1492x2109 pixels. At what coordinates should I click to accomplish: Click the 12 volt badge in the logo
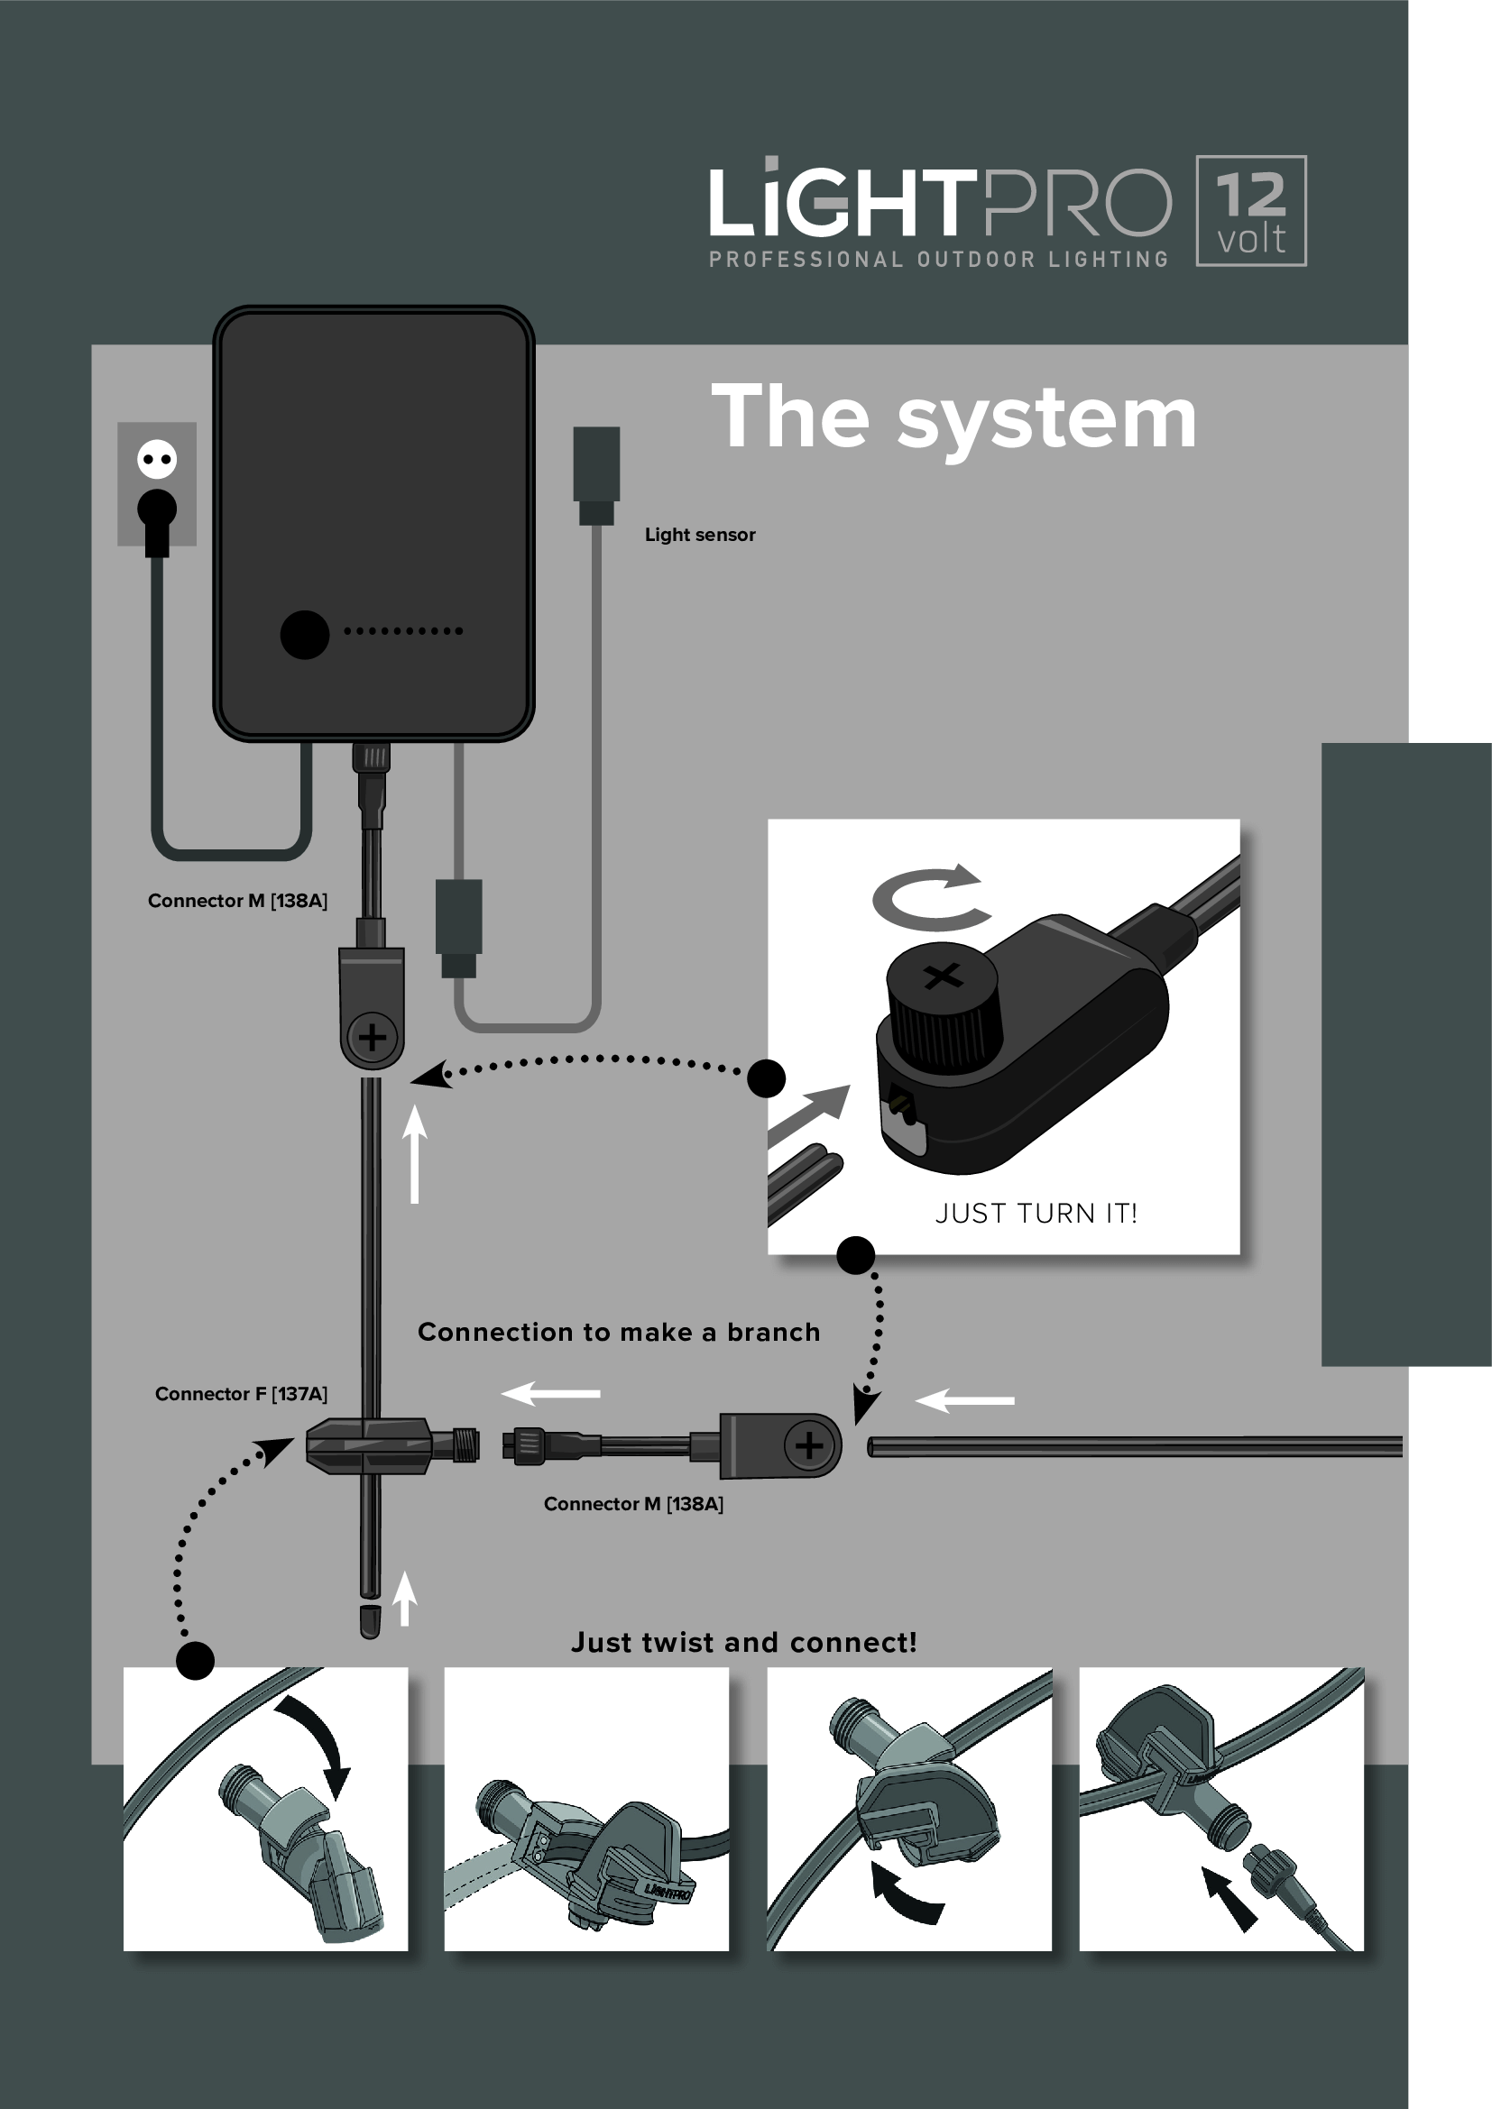1250,211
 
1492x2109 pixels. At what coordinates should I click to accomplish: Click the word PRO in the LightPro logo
1077,203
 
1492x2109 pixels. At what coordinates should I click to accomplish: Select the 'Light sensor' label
699,535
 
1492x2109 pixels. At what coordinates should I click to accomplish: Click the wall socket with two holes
156,460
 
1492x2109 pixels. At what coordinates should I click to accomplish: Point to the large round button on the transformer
304,634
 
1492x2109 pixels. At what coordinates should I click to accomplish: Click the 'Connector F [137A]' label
241,1393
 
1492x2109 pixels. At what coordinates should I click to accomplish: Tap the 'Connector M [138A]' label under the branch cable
633,1504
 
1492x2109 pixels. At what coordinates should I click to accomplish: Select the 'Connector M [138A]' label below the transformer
237,900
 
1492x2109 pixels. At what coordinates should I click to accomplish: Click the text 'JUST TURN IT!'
1036,1214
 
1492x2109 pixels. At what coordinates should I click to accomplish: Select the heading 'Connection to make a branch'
618,1332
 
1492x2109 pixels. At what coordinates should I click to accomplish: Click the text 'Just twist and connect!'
743,1642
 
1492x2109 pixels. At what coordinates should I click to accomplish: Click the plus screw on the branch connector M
808,1445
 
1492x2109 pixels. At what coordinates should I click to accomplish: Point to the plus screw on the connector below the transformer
372,1038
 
